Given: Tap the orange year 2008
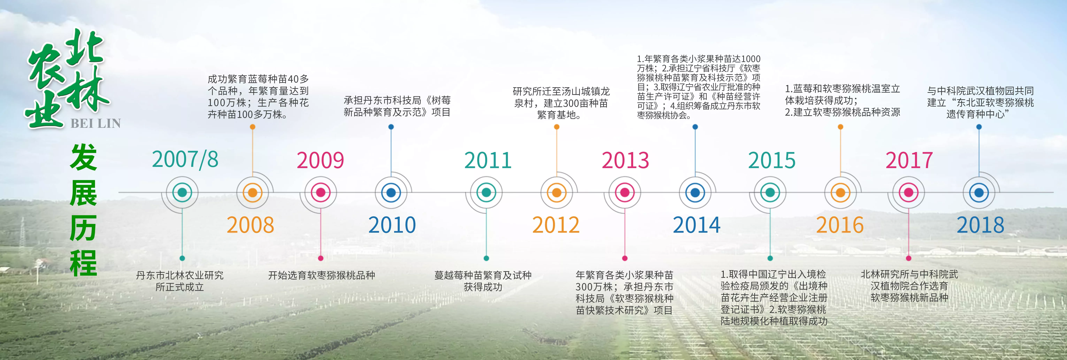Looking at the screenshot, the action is [x=250, y=225].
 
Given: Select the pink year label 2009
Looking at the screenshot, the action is [x=320, y=160].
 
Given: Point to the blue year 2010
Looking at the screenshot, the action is [x=392, y=225].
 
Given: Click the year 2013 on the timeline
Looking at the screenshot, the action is [x=625, y=160].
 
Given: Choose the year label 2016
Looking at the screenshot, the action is [x=840, y=225].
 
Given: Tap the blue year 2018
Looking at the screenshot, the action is [x=980, y=225].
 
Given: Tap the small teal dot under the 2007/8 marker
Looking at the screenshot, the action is [x=182, y=258].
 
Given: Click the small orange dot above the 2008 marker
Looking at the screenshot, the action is [x=253, y=127].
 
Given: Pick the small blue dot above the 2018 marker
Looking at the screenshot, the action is [x=979, y=127].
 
